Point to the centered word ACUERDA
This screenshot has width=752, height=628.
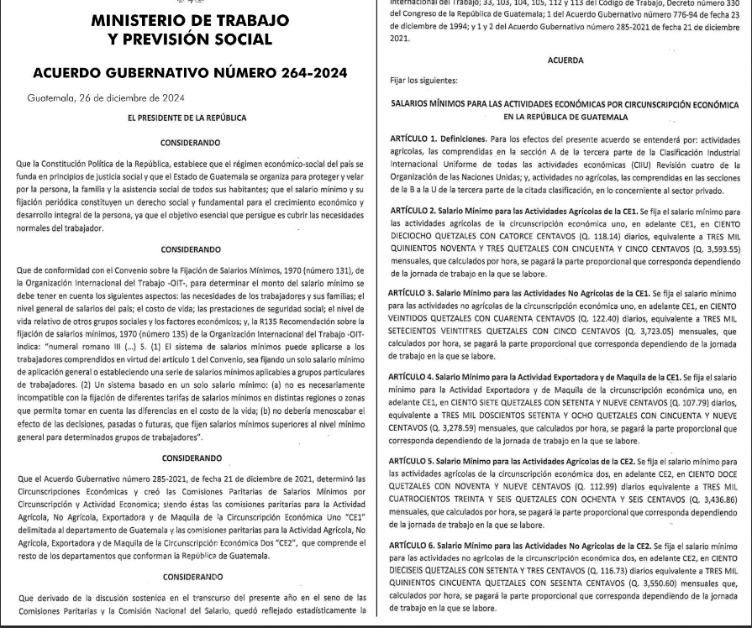pos(565,60)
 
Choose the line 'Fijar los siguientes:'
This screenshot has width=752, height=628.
pos(424,81)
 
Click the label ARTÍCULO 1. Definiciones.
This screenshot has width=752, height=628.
pos(439,138)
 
